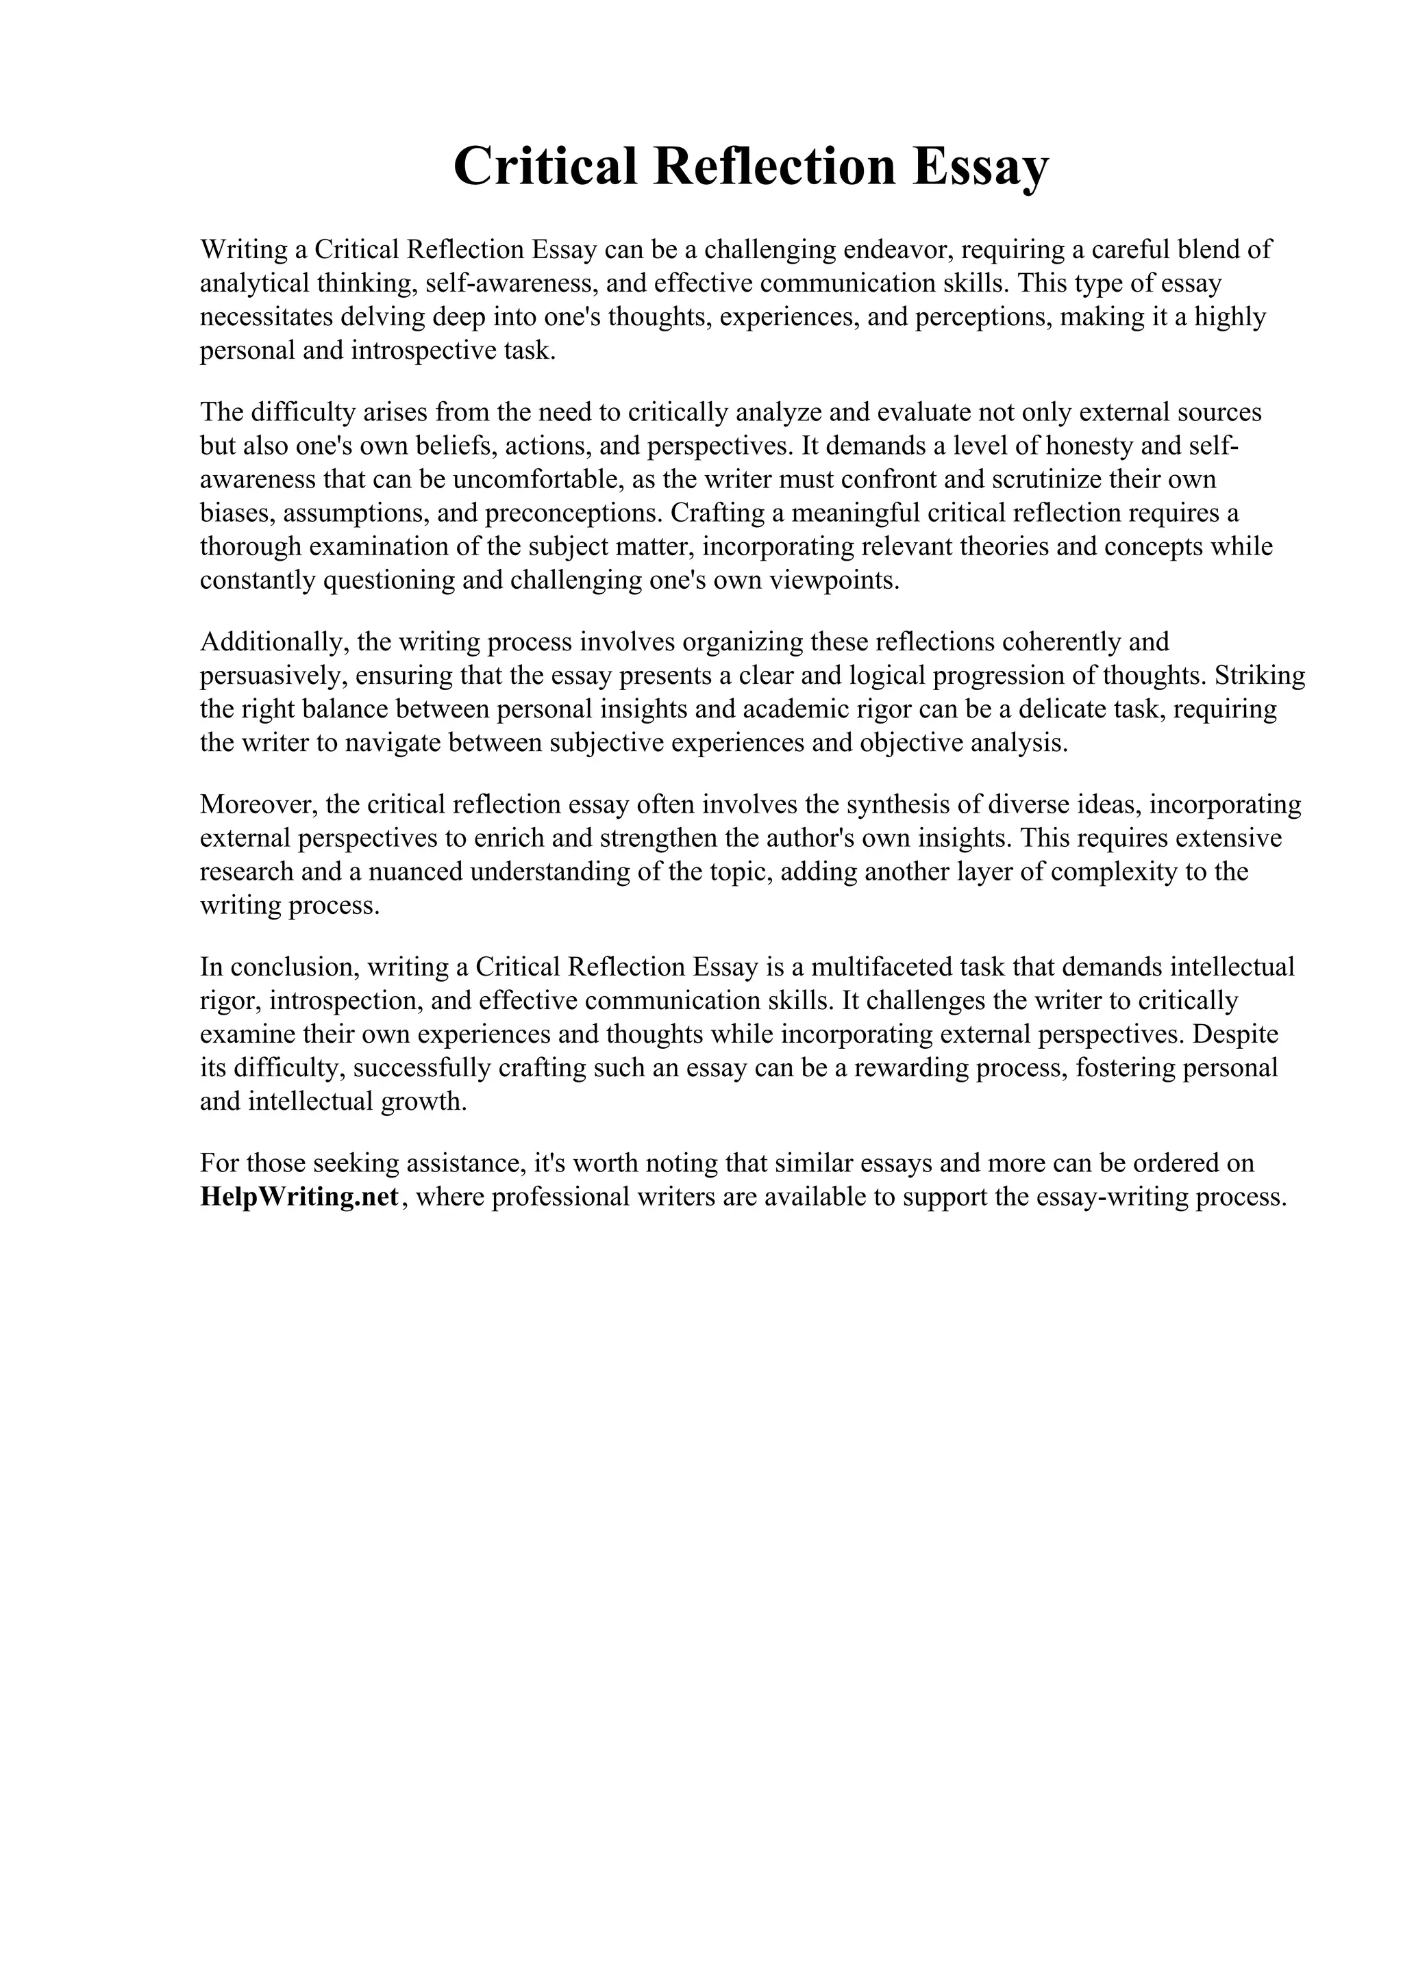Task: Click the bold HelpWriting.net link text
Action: pyautogui.click(x=299, y=1197)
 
